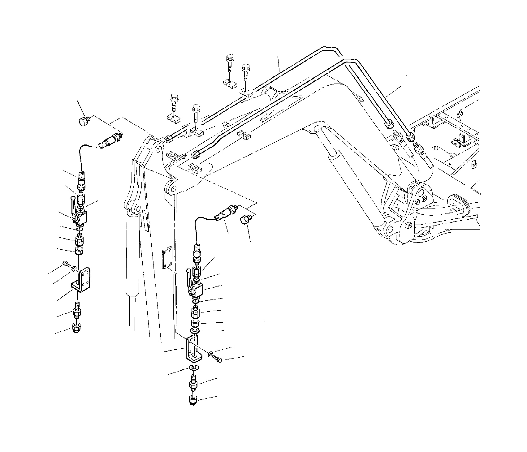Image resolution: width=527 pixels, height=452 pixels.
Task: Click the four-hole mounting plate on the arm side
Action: pos(167,257)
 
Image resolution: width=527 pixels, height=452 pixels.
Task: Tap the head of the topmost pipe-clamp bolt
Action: pos(229,58)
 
